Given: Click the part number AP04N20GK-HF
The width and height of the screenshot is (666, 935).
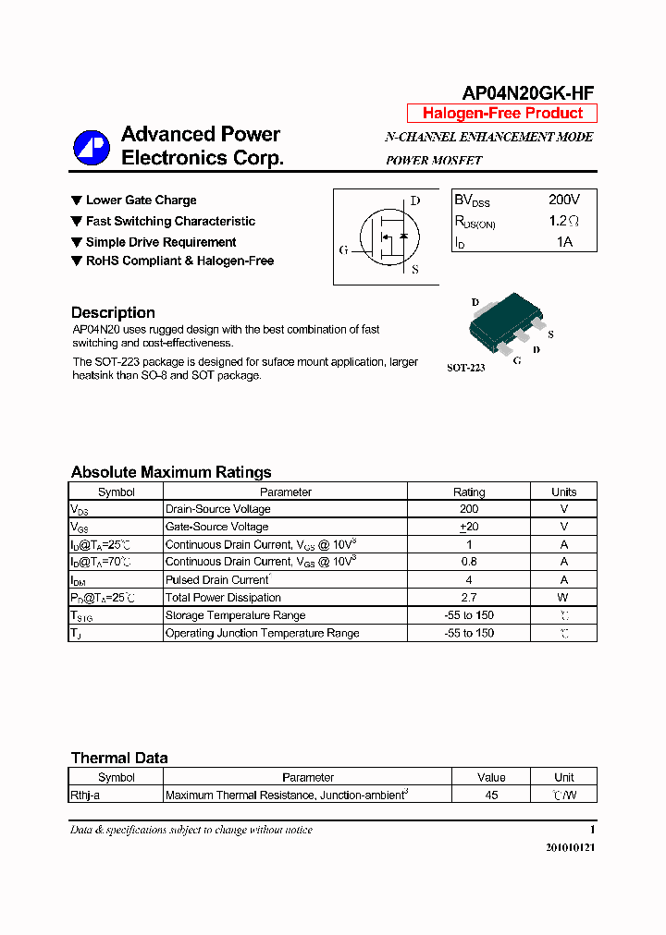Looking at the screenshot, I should point(527,92).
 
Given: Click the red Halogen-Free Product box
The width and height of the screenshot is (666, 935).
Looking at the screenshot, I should point(502,114).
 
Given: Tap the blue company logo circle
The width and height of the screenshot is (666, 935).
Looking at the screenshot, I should point(92,147).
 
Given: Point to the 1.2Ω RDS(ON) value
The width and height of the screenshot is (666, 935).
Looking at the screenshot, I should point(563,222).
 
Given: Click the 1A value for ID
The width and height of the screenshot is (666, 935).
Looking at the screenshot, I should point(564,242).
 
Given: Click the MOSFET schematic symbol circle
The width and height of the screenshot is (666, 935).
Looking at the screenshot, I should point(388,237).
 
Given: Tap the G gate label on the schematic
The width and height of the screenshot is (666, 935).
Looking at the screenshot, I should point(343,250).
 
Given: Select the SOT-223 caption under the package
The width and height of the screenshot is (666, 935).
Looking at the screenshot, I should point(466,368).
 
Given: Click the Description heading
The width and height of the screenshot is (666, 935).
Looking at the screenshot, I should point(113,312).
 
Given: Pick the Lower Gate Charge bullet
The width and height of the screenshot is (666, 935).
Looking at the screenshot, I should point(141,200).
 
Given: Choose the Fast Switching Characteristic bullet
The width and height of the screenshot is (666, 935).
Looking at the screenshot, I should point(170,222).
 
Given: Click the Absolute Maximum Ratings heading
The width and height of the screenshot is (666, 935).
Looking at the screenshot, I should point(171,472).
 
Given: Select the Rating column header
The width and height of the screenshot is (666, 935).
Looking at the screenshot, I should point(469,492).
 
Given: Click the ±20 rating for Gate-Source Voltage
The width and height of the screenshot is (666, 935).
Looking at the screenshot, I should point(469,527).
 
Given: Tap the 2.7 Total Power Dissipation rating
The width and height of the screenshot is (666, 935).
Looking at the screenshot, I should point(469,598).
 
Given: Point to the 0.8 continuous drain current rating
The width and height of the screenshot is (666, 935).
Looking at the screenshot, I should point(469,562).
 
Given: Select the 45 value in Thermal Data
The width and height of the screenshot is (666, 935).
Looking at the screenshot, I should point(491,795).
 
